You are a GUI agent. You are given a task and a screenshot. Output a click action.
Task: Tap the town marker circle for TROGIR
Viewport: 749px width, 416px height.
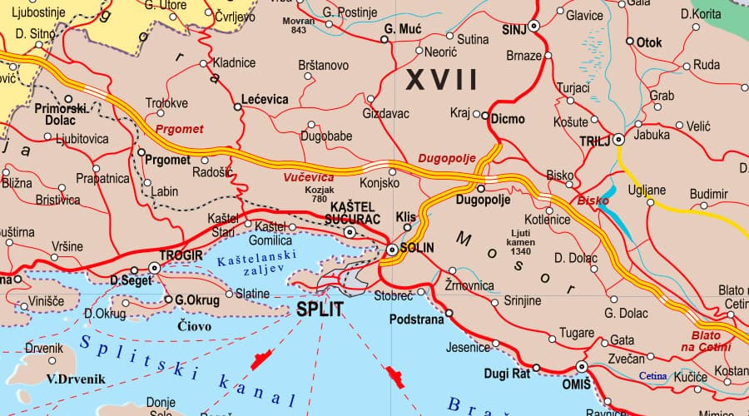(154, 268)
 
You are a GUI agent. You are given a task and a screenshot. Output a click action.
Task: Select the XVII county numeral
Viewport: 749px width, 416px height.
(441, 81)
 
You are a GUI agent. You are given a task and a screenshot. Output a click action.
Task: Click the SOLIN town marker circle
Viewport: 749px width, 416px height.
(392, 249)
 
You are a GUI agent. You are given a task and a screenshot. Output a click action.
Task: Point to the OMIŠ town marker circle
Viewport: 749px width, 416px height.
(582, 366)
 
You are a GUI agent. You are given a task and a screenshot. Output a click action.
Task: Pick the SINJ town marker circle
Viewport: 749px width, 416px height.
(533, 27)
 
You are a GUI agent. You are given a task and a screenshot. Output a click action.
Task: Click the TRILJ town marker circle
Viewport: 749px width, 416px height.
(618, 141)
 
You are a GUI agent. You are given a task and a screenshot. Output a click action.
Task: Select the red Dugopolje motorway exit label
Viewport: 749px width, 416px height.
(446, 156)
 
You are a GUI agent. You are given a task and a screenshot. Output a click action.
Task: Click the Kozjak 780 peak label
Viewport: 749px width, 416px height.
(320, 194)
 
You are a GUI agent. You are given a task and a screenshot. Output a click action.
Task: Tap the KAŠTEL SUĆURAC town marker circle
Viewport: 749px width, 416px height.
(350, 232)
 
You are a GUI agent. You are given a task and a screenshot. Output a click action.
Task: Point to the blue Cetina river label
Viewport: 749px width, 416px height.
(652, 376)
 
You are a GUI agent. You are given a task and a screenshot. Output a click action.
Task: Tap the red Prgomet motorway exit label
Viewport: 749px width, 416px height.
(179, 129)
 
